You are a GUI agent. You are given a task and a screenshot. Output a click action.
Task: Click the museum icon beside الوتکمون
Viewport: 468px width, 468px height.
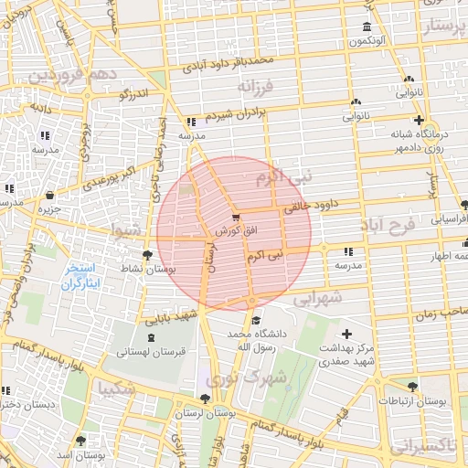[367, 27]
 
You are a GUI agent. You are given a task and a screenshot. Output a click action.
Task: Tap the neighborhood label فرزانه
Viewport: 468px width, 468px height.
[257, 87]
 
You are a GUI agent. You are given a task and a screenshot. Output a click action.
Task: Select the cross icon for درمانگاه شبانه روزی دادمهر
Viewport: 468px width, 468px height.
[419, 120]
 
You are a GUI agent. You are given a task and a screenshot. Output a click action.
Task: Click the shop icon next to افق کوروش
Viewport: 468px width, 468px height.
[238, 218]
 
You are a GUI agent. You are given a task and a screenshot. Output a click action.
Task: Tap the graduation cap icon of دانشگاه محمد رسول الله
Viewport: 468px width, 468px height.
[256, 320]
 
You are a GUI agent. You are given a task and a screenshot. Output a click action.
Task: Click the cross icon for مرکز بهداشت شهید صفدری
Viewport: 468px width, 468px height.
[346, 334]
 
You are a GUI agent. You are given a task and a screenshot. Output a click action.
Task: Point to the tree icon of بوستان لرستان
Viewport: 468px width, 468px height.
[204, 399]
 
